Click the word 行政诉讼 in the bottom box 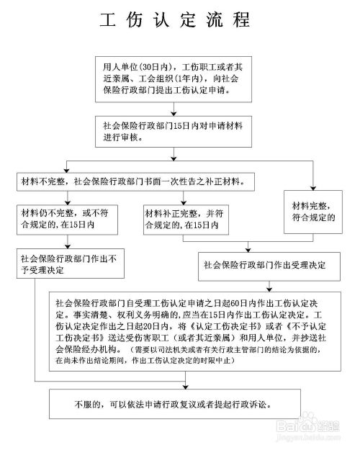click(265, 404)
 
